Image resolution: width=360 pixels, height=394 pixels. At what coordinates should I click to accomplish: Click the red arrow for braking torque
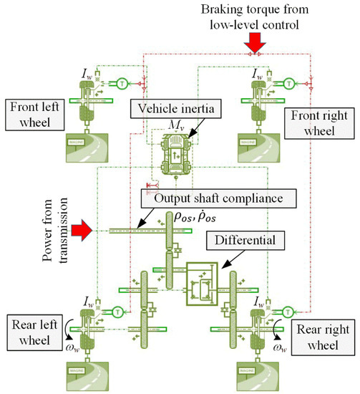tap(251, 45)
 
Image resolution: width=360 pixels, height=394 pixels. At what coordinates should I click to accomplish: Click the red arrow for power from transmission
tap(84, 230)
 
